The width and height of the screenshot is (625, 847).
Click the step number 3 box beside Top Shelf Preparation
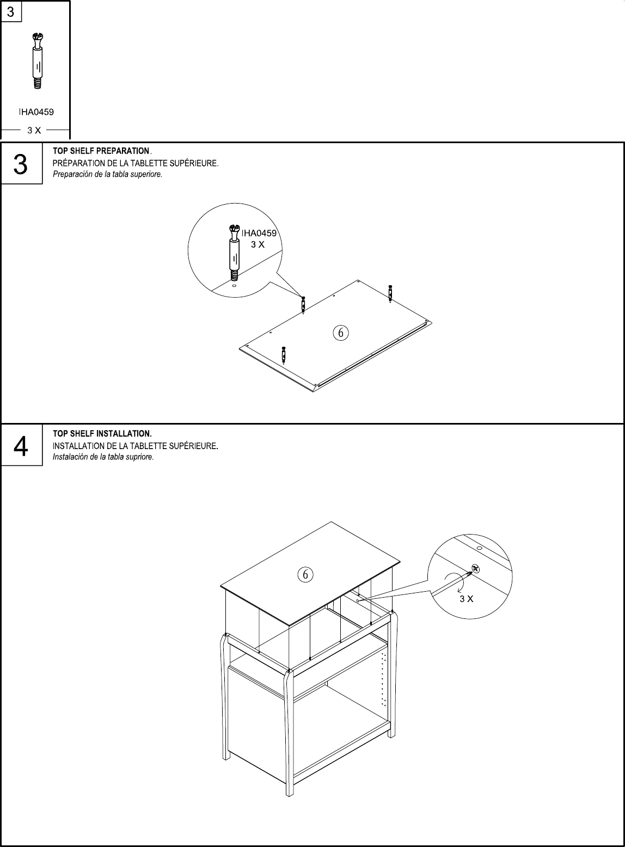tap(21, 164)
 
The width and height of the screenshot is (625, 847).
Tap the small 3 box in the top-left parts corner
tap(11, 11)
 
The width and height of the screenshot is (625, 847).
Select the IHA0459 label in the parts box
tap(36, 112)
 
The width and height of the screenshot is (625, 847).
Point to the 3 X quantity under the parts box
tap(34, 130)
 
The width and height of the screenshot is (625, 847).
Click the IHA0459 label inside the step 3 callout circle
tap(259, 233)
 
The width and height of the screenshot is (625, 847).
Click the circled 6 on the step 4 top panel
tap(305, 574)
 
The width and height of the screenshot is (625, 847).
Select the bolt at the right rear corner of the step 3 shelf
tap(390, 292)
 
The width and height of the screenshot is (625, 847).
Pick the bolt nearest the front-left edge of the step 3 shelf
tap(284, 354)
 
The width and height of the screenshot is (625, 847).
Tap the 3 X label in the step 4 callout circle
tap(466, 599)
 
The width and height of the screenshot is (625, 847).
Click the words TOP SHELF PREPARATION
tap(101, 151)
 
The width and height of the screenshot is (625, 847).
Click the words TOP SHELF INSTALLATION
tap(102, 434)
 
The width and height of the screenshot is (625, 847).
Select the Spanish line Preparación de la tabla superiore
tap(107, 175)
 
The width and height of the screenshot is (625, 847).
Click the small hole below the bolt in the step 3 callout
tap(234, 285)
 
